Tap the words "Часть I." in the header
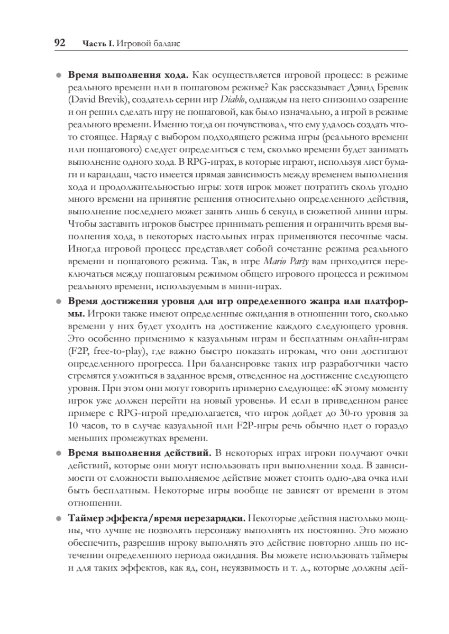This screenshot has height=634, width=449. [98, 43]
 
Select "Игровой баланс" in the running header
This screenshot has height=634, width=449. [148, 43]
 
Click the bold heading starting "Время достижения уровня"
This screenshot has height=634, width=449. [236, 301]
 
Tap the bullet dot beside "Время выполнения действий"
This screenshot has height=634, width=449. [59, 453]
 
